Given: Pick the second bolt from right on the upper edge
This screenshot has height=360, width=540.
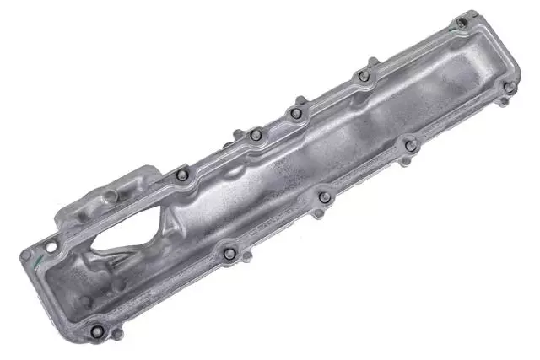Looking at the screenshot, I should point(364,76).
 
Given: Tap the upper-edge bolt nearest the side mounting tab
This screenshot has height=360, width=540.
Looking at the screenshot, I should point(182,175).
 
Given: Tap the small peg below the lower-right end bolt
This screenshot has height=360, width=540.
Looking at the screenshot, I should point(504,102).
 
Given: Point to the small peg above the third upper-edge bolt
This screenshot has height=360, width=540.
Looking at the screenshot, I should point(301,99).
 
